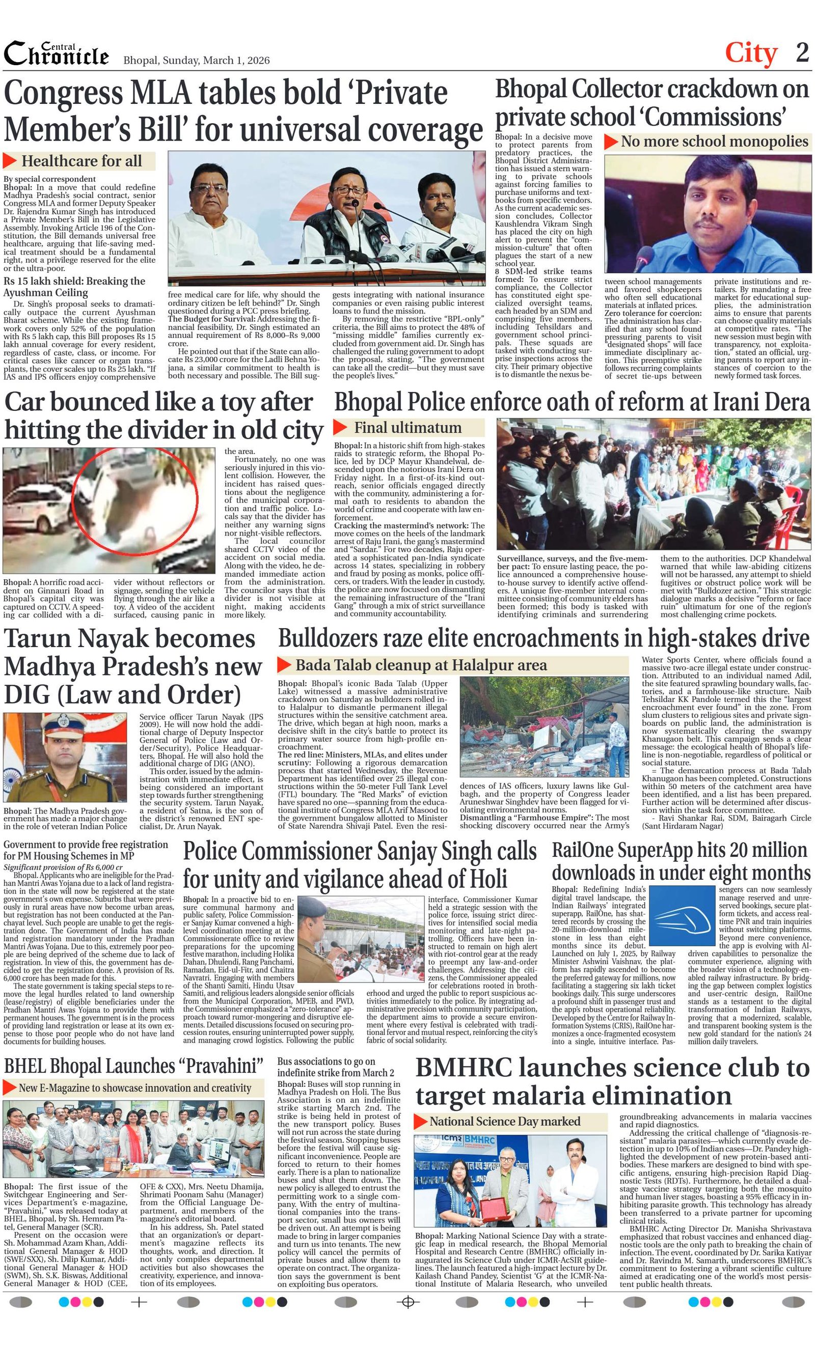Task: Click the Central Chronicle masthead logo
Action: pyautogui.click(x=56, y=54)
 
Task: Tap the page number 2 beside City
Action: pyautogui.click(x=802, y=53)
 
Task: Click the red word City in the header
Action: pyautogui.click(x=750, y=53)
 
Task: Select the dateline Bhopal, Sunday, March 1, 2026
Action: pyautogui.click(x=196, y=60)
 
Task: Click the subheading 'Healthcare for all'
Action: pyautogui.click(x=81, y=161)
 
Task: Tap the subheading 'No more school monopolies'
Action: pyautogui.click(x=714, y=142)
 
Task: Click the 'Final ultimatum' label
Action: pyautogui.click(x=407, y=427)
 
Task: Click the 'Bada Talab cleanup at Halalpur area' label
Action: pyautogui.click(x=420, y=665)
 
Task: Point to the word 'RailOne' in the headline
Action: pyautogui.click(x=587, y=850)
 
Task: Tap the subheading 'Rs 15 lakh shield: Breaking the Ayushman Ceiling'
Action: pyautogui.click(x=74, y=287)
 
